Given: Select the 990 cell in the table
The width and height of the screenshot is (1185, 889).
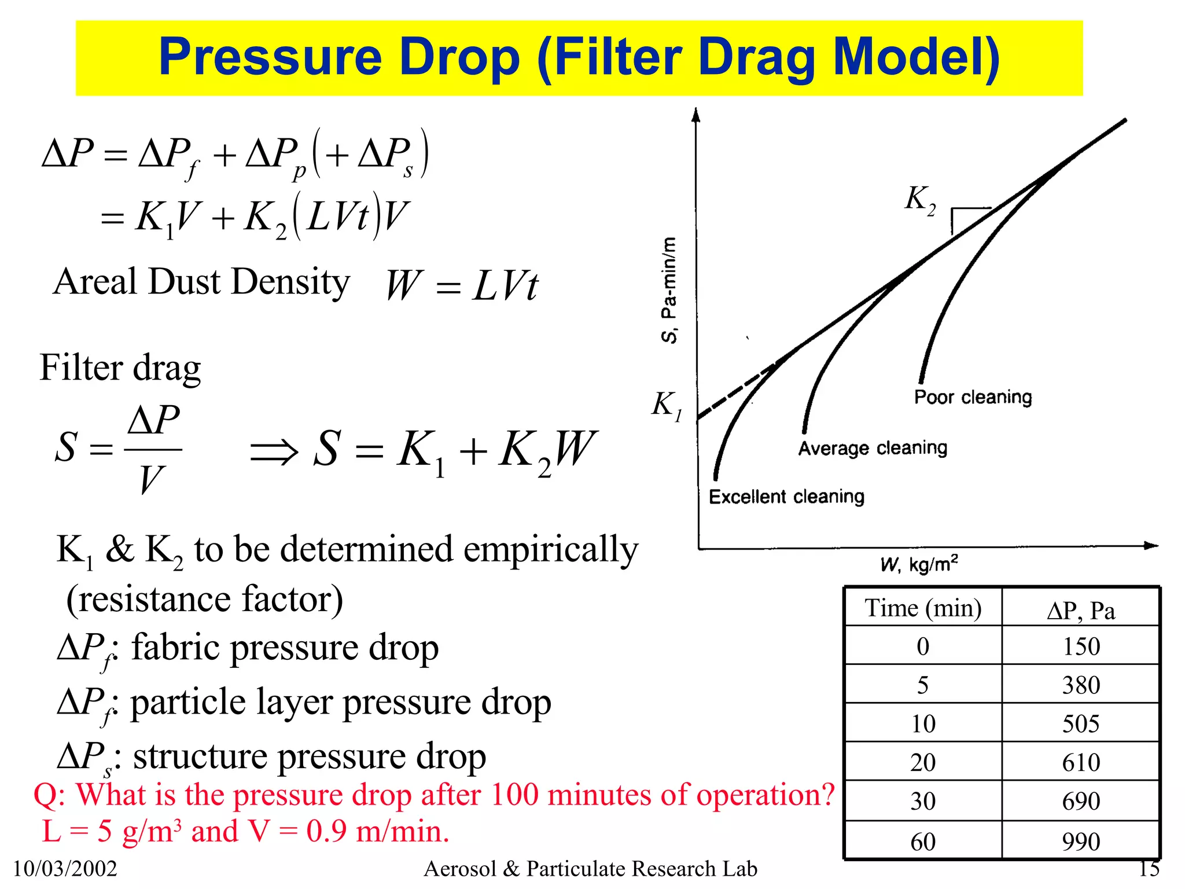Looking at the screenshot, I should (x=1080, y=842).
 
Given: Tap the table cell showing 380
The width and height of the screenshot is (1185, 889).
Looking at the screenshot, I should (x=1080, y=685).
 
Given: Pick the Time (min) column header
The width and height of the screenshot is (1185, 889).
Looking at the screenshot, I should (x=923, y=608).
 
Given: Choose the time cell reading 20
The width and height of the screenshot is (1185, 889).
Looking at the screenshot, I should (x=923, y=762).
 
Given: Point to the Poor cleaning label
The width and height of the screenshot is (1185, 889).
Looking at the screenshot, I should (x=973, y=397).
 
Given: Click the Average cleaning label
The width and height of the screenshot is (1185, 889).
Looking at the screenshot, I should (x=873, y=448).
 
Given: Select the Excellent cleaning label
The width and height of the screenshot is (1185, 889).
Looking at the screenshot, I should (x=786, y=497).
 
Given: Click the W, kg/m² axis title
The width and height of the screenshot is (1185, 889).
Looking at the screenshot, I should (x=919, y=564).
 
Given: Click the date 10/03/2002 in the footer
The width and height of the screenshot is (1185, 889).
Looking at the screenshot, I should (x=65, y=869).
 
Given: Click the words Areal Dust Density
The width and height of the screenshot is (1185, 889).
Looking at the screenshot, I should (x=201, y=282).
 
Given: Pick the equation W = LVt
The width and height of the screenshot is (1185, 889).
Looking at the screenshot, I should (x=461, y=285).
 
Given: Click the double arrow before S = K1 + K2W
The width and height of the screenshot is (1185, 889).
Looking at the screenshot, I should (x=274, y=451).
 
